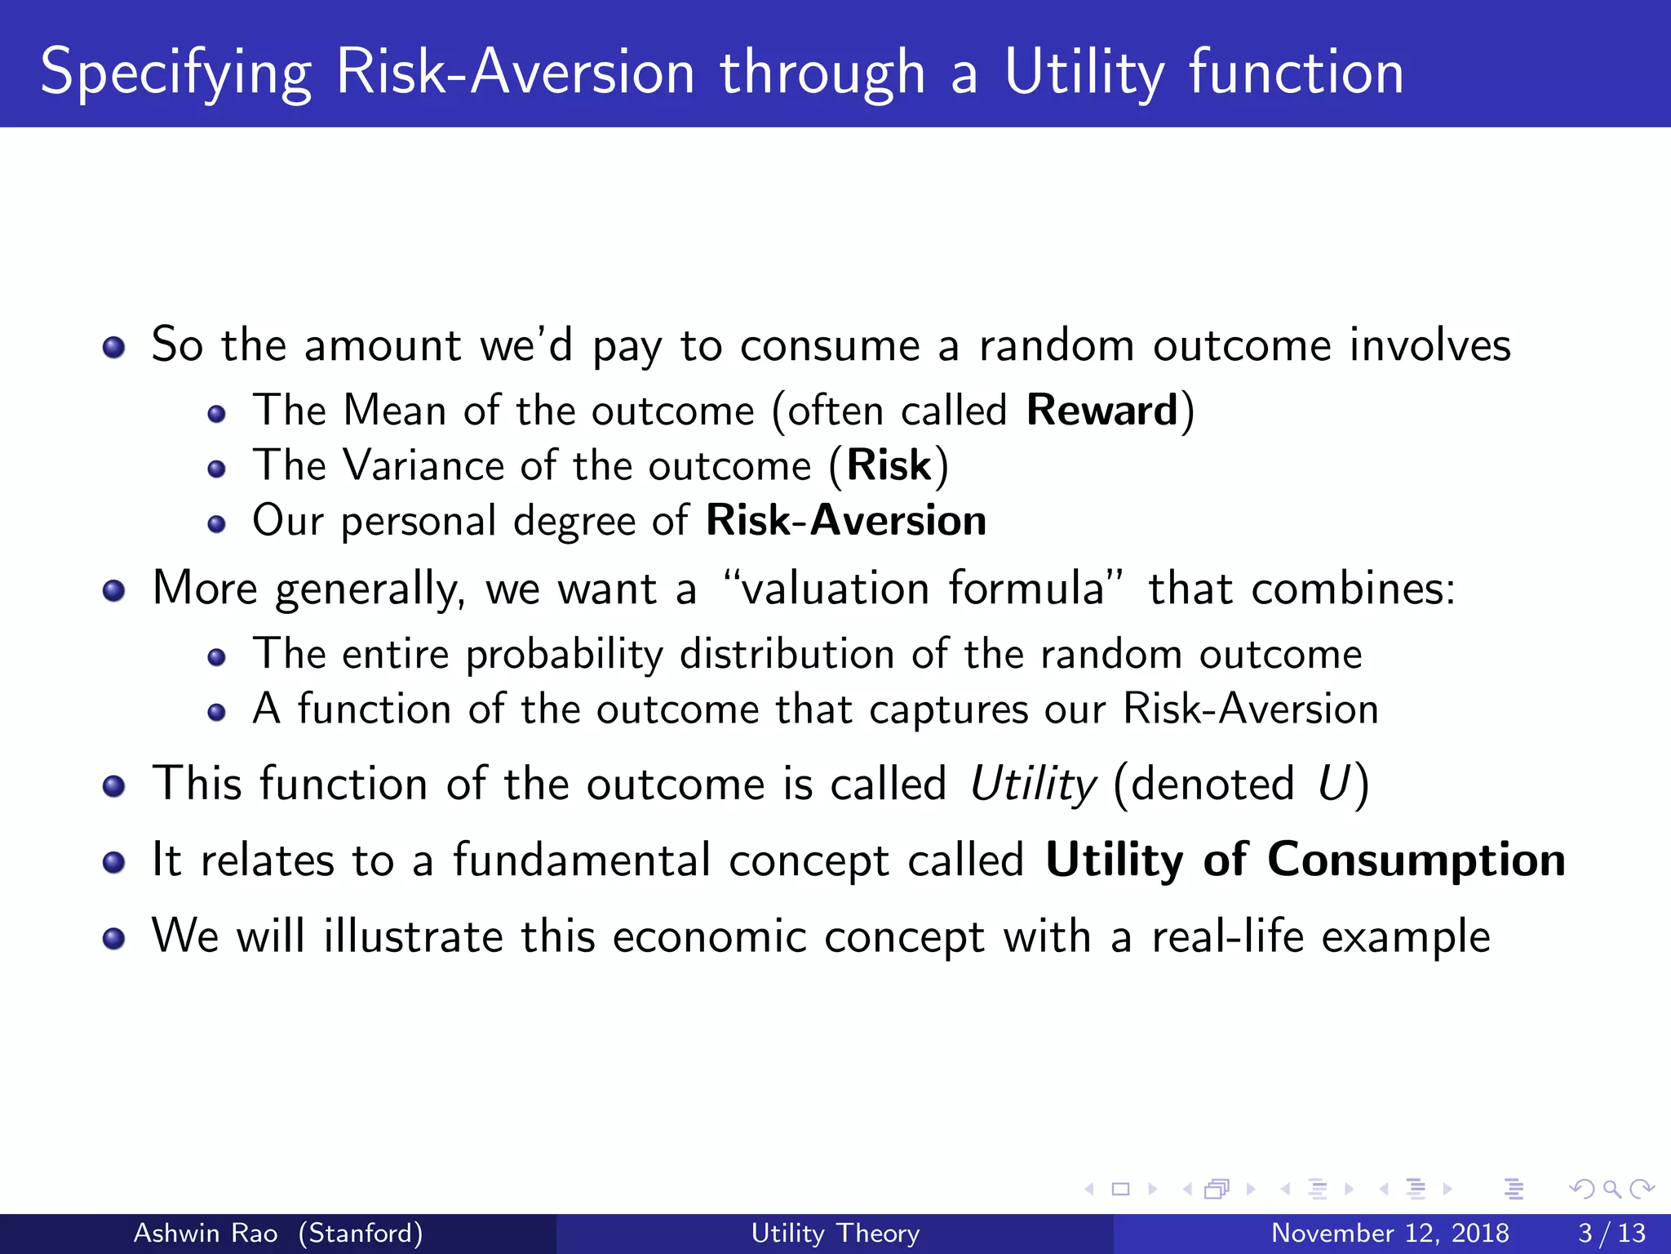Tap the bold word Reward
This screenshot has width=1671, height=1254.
coord(1101,410)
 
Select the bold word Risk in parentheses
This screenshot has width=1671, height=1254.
coord(889,465)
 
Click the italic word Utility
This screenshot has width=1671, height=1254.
coord(1033,784)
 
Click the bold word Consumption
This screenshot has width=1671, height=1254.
coord(1416,860)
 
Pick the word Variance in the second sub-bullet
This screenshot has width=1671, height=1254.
coord(423,465)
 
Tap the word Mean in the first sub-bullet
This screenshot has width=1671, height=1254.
coord(394,410)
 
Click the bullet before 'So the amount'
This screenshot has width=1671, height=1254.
coord(114,348)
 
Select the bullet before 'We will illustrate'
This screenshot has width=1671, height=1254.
coord(114,939)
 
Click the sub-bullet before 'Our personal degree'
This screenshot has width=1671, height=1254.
coord(216,524)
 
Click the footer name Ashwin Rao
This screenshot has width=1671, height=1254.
coord(206,1233)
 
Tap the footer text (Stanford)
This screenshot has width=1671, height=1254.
coord(360,1233)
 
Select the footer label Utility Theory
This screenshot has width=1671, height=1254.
coord(835,1233)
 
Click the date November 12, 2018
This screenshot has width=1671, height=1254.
coord(1390,1233)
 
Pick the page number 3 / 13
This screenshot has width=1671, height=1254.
coord(1611,1233)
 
